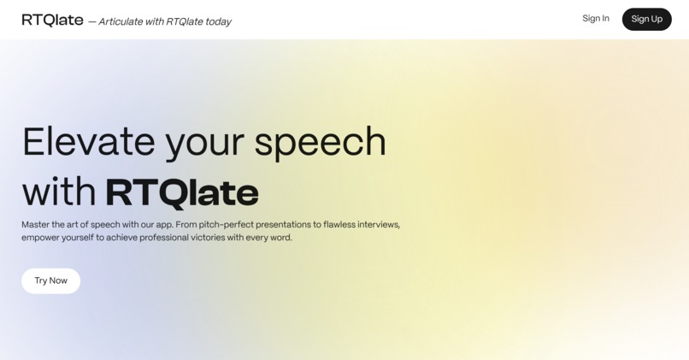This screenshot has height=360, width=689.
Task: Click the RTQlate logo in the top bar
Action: (52, 20)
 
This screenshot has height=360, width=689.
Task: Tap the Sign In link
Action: (596, 19)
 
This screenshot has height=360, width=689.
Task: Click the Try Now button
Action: (50, 280)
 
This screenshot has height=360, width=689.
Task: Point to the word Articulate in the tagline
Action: (121, 21)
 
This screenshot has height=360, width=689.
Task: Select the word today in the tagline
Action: (218, 21)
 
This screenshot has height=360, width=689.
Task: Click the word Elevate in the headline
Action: (88, 142)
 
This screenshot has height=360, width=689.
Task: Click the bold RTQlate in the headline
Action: (181, 192)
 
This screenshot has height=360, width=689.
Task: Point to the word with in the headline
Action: (58, 192)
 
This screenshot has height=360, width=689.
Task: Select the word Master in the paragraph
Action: (36, 225)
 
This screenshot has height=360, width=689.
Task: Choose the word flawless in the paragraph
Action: (342, 225)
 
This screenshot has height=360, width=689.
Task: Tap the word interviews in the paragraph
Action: (380, 225)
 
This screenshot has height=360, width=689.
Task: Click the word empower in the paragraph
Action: (41, 238)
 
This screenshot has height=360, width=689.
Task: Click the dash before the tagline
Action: (91, 21)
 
